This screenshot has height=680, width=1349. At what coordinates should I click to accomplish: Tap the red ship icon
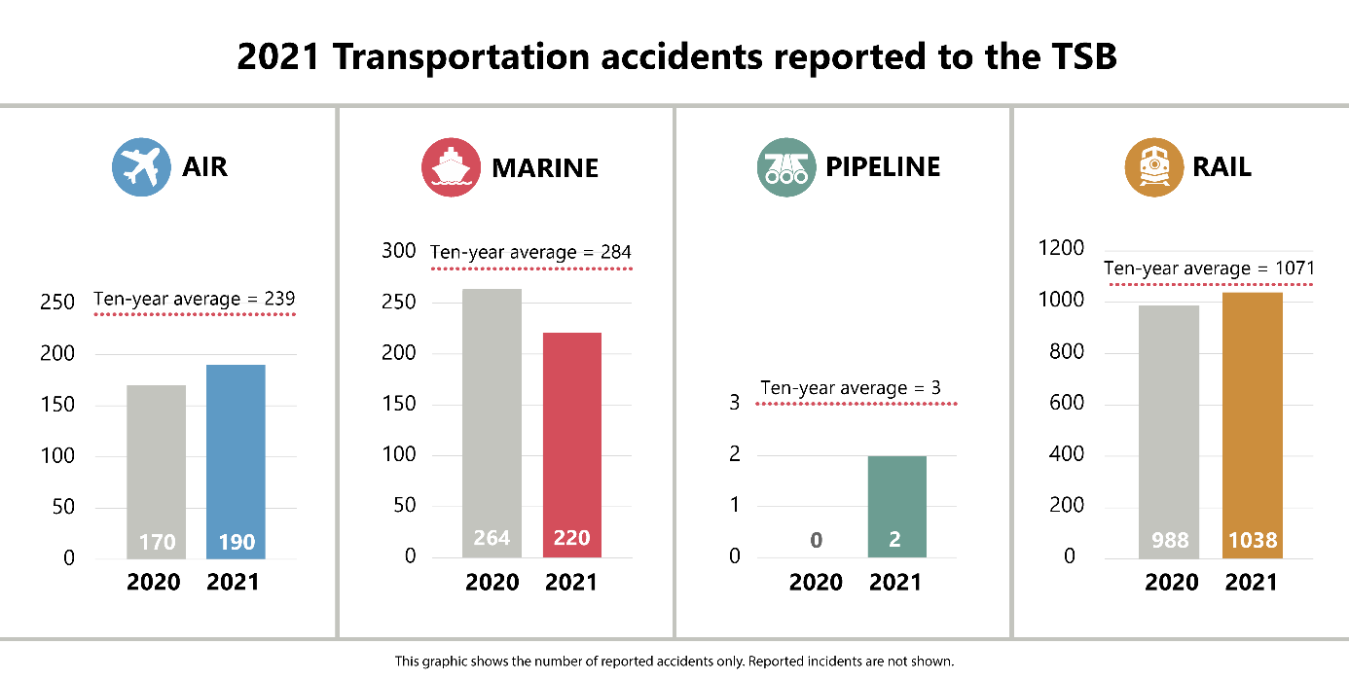point(451,167)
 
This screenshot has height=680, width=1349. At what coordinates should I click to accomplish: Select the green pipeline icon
point(785,167)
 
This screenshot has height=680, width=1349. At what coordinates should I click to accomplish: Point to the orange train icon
point(1153,167)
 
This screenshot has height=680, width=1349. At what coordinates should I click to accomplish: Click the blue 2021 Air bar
point(236,461)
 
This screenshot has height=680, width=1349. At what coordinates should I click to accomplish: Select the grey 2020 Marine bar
point(492,422)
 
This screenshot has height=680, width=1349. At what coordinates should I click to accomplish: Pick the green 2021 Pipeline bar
point(896,506)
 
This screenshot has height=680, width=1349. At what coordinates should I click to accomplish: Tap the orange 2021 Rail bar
point(1253,424)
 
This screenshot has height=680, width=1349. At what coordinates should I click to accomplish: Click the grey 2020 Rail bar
point(1169,431)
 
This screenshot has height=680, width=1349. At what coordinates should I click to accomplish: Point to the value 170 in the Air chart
point(156,542)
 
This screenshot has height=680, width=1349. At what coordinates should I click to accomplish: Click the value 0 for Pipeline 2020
point(816,540)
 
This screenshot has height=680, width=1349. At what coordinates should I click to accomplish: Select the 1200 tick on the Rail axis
point(1060,249)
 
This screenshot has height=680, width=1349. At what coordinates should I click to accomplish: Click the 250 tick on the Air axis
point(57,303)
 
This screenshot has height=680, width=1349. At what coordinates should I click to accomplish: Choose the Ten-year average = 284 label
point(530,253)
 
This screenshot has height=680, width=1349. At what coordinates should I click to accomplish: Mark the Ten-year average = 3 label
point(851,388)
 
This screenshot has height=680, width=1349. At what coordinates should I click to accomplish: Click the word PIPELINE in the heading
point(883,167)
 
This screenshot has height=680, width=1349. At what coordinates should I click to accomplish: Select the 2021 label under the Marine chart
point(571,583)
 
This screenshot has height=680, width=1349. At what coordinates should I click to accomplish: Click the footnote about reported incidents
point(674,662)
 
